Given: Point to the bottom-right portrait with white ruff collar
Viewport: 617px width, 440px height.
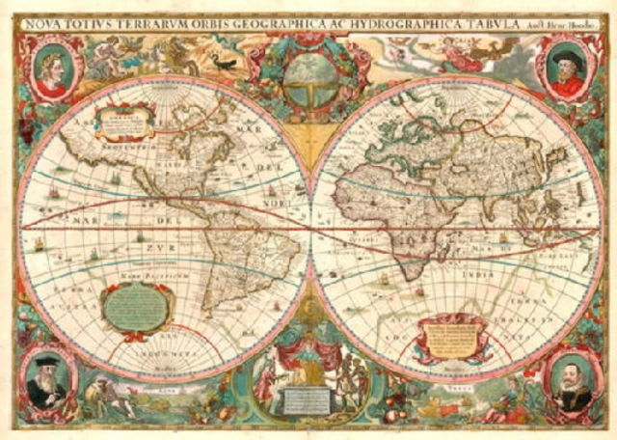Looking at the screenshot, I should coord(569,380).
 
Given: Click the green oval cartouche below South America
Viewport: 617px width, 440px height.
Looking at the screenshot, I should coord(139,307).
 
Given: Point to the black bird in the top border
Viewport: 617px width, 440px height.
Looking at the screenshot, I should coord(224,64).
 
